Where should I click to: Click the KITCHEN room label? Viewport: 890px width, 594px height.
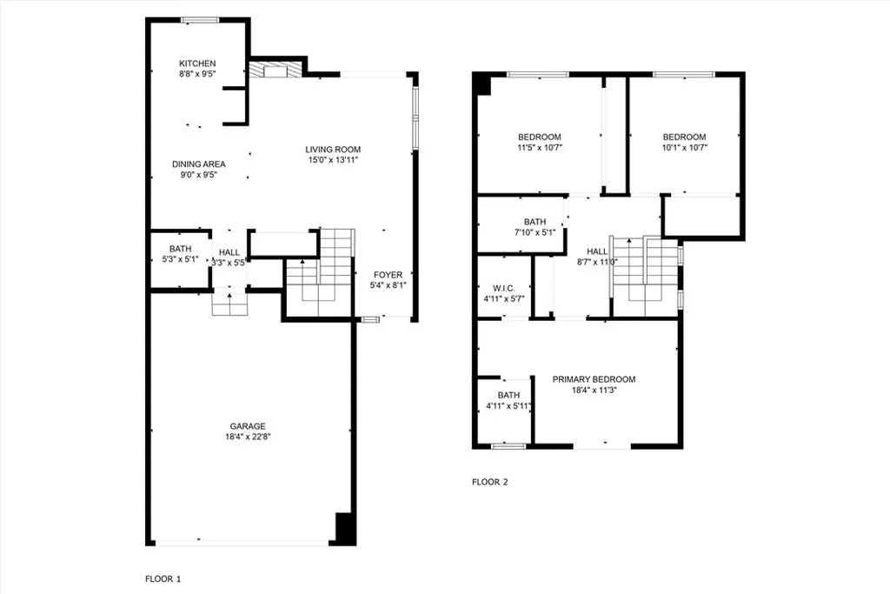[x=197, y=63]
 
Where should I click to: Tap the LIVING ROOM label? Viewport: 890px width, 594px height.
[x=332, y=149]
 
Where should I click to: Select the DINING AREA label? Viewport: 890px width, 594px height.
[x=198, y=164]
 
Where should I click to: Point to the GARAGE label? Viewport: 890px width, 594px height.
[x=248, y=426]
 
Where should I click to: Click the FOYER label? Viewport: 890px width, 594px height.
[x=388, y=275]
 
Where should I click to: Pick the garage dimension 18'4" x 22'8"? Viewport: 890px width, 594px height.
[x=248, y=437]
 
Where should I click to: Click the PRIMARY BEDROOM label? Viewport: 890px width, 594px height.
[x=594, y=379]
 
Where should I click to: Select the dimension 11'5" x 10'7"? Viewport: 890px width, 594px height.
[x=540, y=147]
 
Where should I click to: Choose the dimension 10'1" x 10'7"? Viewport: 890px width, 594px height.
[x=684, y=147]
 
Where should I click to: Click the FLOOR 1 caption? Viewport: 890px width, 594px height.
[x=163, y=578]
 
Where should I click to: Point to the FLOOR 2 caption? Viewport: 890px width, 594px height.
[x=489, y=482]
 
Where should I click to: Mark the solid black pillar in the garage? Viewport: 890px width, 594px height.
[x=345, y=528]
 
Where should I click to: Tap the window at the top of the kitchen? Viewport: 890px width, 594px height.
[x=199, y=19]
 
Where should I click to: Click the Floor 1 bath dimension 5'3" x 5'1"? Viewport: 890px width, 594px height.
[x=179, y=258]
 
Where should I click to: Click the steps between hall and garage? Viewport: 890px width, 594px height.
[x=230, y=305]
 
